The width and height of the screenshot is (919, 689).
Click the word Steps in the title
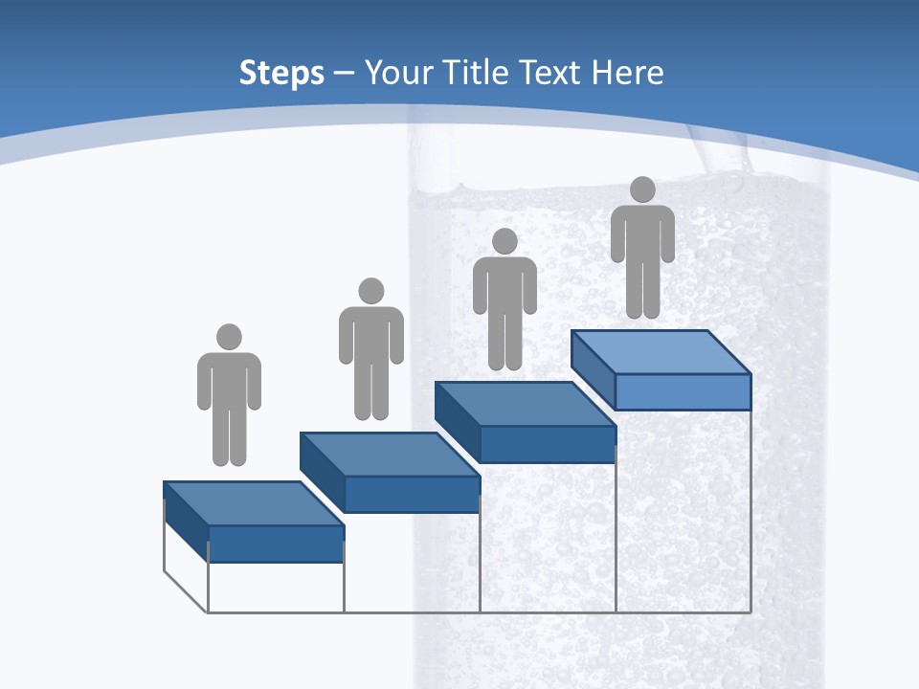[281, 74]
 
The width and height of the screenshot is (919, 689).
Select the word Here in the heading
[628, 73]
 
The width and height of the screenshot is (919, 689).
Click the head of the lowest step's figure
[229, 337]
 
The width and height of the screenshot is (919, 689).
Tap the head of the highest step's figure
[642, 189]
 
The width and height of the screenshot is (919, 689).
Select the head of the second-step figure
[370, 291]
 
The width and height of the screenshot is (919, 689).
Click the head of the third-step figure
[504, 241]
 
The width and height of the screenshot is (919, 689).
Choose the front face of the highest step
[683, 391]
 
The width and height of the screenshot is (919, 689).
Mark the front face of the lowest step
[276, 544]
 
